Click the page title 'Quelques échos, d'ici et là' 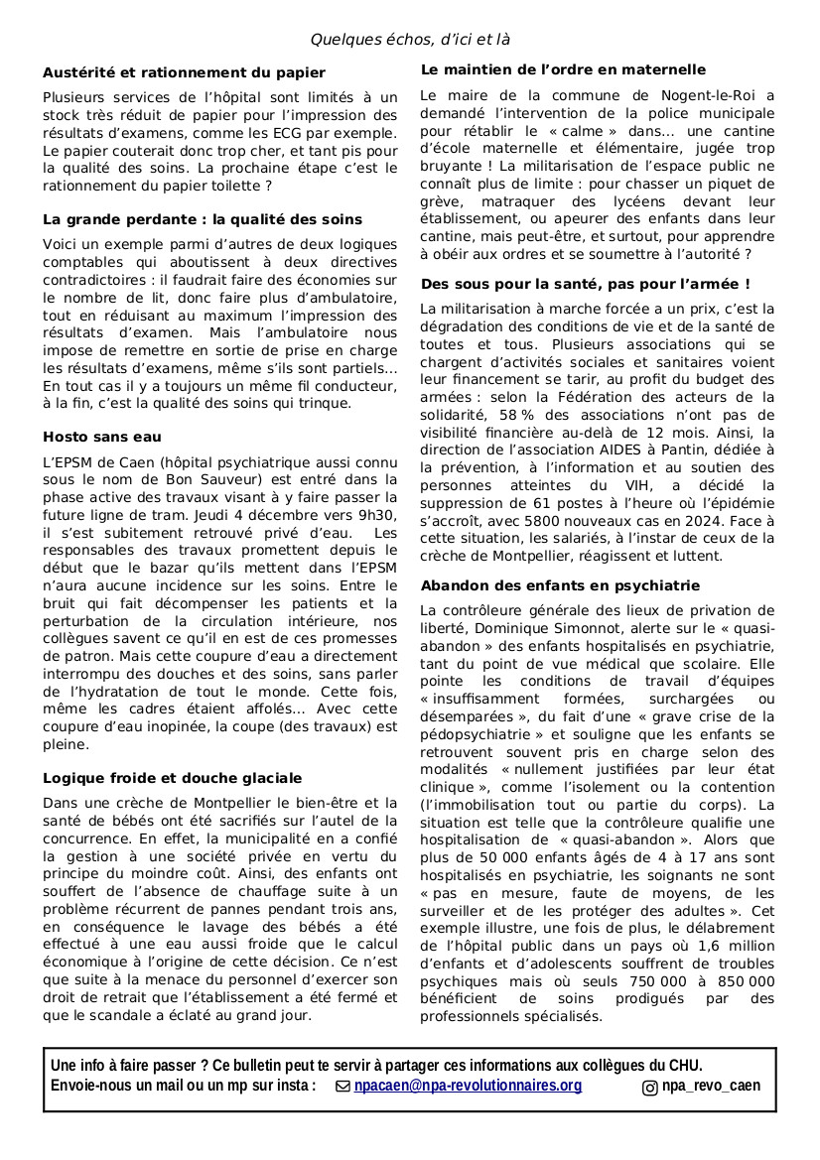click(410, 40)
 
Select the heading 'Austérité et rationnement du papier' click(184, 72)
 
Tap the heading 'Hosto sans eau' click(102, 437)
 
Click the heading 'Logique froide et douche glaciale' click(173, 778)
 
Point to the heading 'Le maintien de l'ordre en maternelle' click(563, 70)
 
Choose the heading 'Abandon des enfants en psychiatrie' click(560, 585)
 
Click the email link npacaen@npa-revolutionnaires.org click(468, 1086)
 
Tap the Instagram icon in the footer click(650, 1087)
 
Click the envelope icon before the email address click(343, 1087)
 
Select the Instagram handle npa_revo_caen click(711, 1086)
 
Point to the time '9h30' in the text click(376, 515)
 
